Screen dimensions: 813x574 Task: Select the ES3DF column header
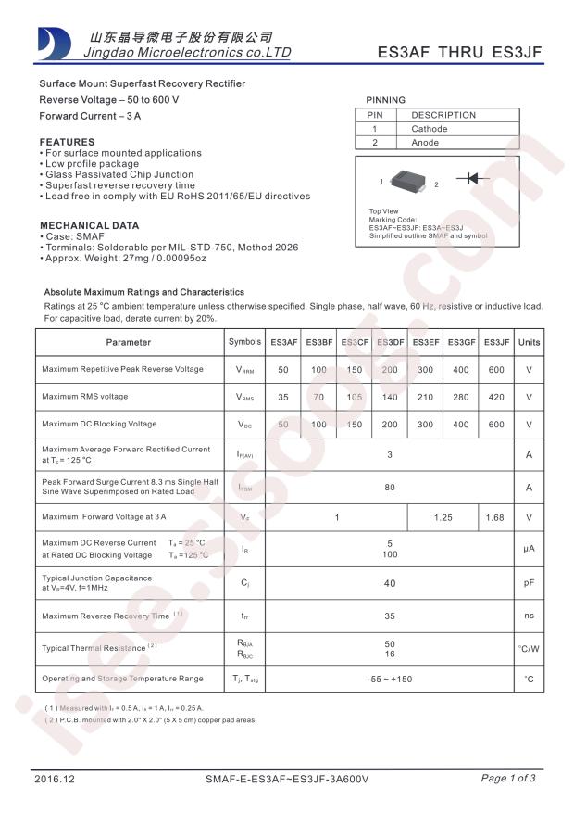tap(390, 342)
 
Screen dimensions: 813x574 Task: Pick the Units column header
tap(529, 342)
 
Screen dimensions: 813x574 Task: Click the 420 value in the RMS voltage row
tap(496, 397)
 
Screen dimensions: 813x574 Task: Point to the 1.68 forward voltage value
tap(496, 517)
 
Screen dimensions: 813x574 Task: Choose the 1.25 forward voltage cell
tap(443, 517)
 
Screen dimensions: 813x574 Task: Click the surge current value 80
tap(390, 487)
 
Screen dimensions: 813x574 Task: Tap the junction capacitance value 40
tap(390, 583)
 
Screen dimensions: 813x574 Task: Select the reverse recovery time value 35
tap(390, 616)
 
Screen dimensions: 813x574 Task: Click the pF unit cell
tap(529, 583)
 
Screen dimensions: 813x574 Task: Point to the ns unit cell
tap(529, 616)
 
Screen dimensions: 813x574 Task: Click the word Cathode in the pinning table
tap(430, 129)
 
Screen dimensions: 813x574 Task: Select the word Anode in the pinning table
tap(426, 143)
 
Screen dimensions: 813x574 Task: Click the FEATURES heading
tap(67, 142)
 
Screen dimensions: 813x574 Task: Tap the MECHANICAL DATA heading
tap(90, 225)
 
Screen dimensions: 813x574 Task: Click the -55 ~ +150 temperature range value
tap(390, 680)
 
